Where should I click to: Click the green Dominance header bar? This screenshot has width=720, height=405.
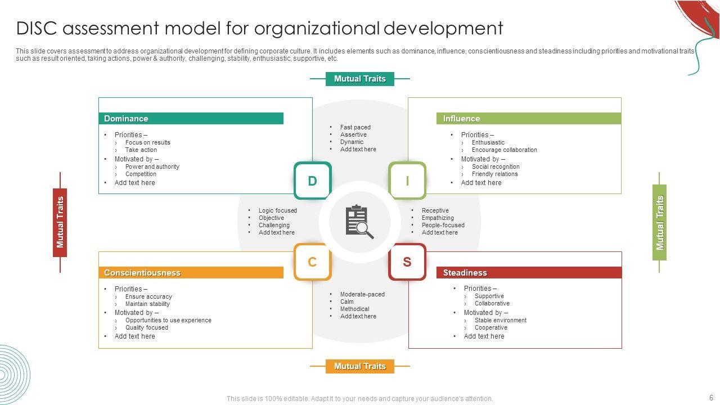click(x=191, y=119)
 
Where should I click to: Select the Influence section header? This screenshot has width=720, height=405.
click(x=528, y=119)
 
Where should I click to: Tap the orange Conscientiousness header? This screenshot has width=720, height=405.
click(x=191, y=273)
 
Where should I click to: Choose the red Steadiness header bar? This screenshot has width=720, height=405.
click(x=529, y=273)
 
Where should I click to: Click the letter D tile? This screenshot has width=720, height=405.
click(x=312, y=181)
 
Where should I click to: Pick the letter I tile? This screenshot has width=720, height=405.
click(x=407, y=181)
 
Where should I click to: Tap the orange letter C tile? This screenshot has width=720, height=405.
click(x=312, y=262)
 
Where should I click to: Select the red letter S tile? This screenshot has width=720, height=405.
click(x=407, y=262)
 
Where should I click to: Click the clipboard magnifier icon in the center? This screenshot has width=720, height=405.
click(x=359, y=222)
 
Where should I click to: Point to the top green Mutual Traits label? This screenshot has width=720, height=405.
click(x=360, y=79)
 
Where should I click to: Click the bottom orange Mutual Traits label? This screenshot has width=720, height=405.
click(x=360, y=366)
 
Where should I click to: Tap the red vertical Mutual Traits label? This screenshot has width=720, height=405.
click(x=60, y=222)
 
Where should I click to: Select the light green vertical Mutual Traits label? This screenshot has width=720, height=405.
click(x=660, y=222)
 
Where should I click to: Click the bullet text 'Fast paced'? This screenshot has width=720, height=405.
click(x=355, y=127)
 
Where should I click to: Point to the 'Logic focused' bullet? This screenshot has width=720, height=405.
click(x=277, y=210)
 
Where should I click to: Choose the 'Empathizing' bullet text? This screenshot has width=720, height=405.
click(x=438, y=218)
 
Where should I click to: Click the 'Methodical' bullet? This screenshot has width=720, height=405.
click(x=354, y=309)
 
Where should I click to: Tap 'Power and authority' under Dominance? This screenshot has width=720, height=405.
click(x=152, y=166)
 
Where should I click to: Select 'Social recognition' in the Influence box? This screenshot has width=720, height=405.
click(x=496, y=166)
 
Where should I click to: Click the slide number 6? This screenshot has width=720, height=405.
click(x=711, y=398)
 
